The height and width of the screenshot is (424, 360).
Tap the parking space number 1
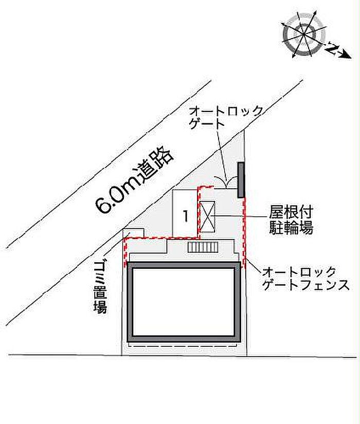[186, 216]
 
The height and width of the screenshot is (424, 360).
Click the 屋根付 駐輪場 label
[291, 219]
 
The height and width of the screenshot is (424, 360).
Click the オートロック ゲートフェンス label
[306, 278]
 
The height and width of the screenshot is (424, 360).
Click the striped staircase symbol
[203, 247]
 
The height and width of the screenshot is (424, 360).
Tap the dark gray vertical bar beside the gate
[241, 180]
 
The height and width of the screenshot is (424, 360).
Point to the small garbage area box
[133, 233]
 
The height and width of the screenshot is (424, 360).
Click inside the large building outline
[184, 302]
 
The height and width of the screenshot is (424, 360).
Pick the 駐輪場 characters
[291, 227]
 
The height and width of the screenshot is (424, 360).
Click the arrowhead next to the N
[347, 54]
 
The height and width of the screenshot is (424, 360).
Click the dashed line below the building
[183, 345]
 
